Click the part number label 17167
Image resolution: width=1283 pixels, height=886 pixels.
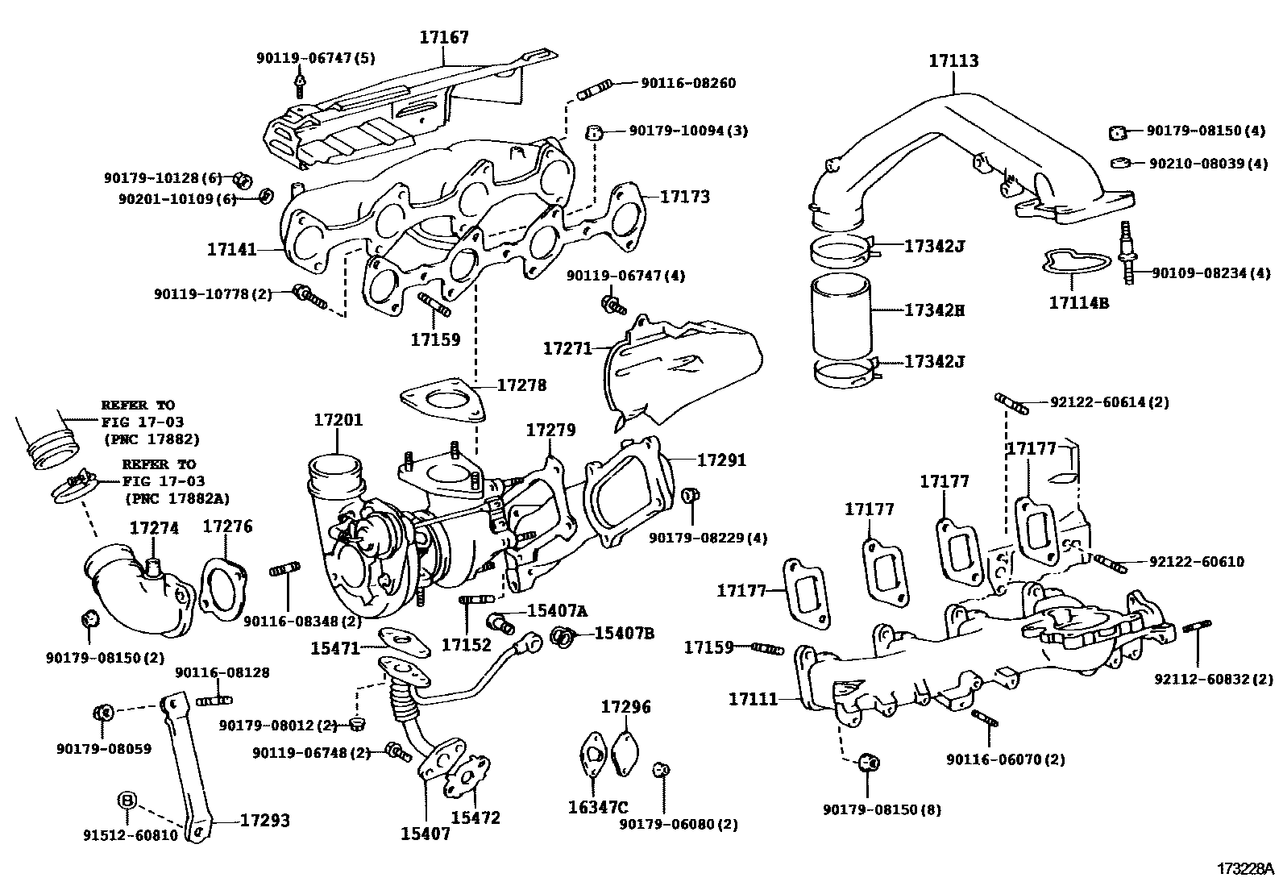443,37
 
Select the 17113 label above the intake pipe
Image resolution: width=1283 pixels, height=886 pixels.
953,60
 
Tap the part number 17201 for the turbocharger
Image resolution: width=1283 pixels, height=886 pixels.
338,420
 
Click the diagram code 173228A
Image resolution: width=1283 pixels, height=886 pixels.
1245,869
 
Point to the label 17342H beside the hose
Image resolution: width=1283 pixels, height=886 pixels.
933,310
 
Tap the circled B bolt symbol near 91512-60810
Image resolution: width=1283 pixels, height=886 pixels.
127,800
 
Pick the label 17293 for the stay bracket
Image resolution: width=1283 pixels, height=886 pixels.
264,821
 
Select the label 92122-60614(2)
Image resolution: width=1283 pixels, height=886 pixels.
1109,401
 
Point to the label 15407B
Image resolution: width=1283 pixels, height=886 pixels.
624,633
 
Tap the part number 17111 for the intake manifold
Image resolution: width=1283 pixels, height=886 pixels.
753,699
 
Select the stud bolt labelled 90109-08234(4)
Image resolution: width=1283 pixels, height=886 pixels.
1127,254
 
